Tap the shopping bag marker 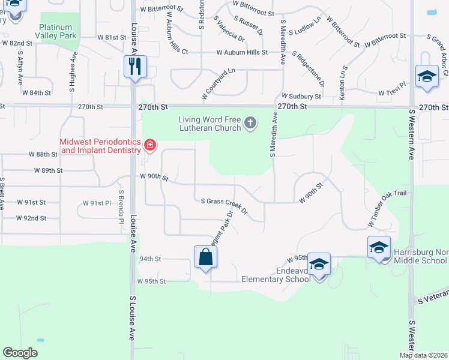(x=205, y=257)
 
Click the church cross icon (x=250, y=124)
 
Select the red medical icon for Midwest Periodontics (x=149, y=144)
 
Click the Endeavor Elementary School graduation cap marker (x=319, y=264)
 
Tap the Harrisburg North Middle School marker (x=379, y=247)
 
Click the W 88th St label (x=40, y=154)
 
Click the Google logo (x=20, y=353)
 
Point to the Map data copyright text (x=423, y=355)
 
